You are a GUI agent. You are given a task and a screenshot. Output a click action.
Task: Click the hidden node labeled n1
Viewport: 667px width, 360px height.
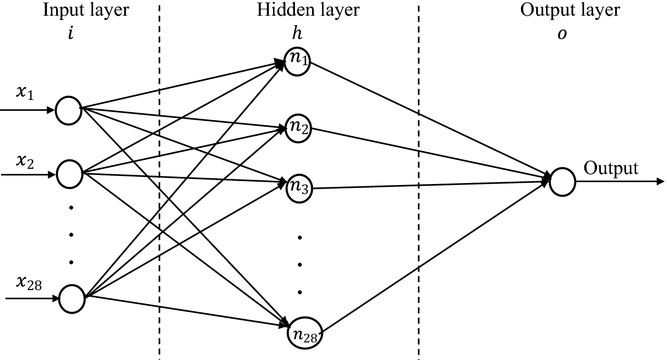click(x=298, y=61)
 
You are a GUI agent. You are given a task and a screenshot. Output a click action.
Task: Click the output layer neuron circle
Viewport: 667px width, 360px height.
click(x=562, y=182)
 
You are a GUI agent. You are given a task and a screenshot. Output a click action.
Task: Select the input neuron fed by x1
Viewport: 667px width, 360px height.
click(x=69, y=110)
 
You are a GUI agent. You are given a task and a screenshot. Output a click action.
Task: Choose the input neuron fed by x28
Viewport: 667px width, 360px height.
click(x=73, y=299)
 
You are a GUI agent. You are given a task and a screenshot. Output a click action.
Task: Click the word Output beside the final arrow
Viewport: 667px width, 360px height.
click(x=611, y=168)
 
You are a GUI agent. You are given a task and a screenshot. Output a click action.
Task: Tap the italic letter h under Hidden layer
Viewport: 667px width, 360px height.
click(x=297, y=34)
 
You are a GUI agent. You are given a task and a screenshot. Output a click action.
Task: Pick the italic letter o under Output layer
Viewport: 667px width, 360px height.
click(x=562, y=35)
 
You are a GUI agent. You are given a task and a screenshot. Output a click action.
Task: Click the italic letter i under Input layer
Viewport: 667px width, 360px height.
click(x=70, y=34)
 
